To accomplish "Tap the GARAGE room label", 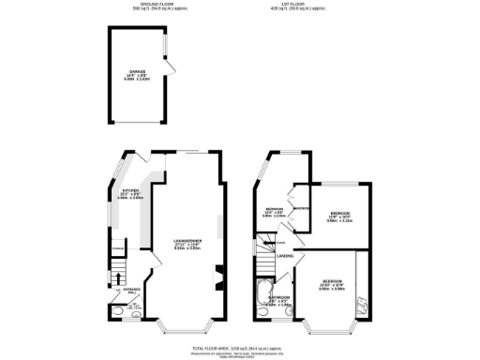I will pyautogui.click(x=138, y=73).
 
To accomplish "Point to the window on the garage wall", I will pyautogui.click(x=164, y=48).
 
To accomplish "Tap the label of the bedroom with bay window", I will pyautogui.click(x=333, y=284).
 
